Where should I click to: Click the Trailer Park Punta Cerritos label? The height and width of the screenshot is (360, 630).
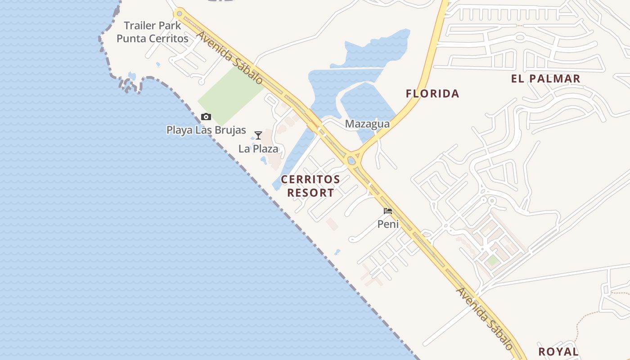153,32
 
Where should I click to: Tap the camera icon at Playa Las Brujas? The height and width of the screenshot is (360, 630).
206,117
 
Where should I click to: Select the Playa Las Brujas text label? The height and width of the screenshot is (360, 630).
206,130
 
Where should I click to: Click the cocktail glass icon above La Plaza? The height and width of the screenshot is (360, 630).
258,135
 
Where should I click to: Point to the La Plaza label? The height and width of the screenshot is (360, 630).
258,148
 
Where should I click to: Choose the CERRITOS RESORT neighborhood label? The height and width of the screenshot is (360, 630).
310,186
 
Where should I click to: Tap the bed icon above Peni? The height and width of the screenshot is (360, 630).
388,211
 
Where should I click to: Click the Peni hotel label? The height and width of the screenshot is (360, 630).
388,224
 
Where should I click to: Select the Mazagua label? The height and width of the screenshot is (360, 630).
367,124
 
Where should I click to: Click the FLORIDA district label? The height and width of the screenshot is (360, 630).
432,94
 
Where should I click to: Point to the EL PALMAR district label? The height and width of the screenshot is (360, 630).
545,79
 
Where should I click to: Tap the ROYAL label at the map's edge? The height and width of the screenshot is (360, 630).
558,351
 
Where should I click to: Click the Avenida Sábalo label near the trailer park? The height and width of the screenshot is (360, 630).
229,58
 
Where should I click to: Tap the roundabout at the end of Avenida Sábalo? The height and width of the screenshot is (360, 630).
180,13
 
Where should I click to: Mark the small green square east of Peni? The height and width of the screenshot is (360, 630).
493,260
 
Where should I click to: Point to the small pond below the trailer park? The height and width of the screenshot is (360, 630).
131,76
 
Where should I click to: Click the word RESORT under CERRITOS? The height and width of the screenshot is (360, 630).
310,193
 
